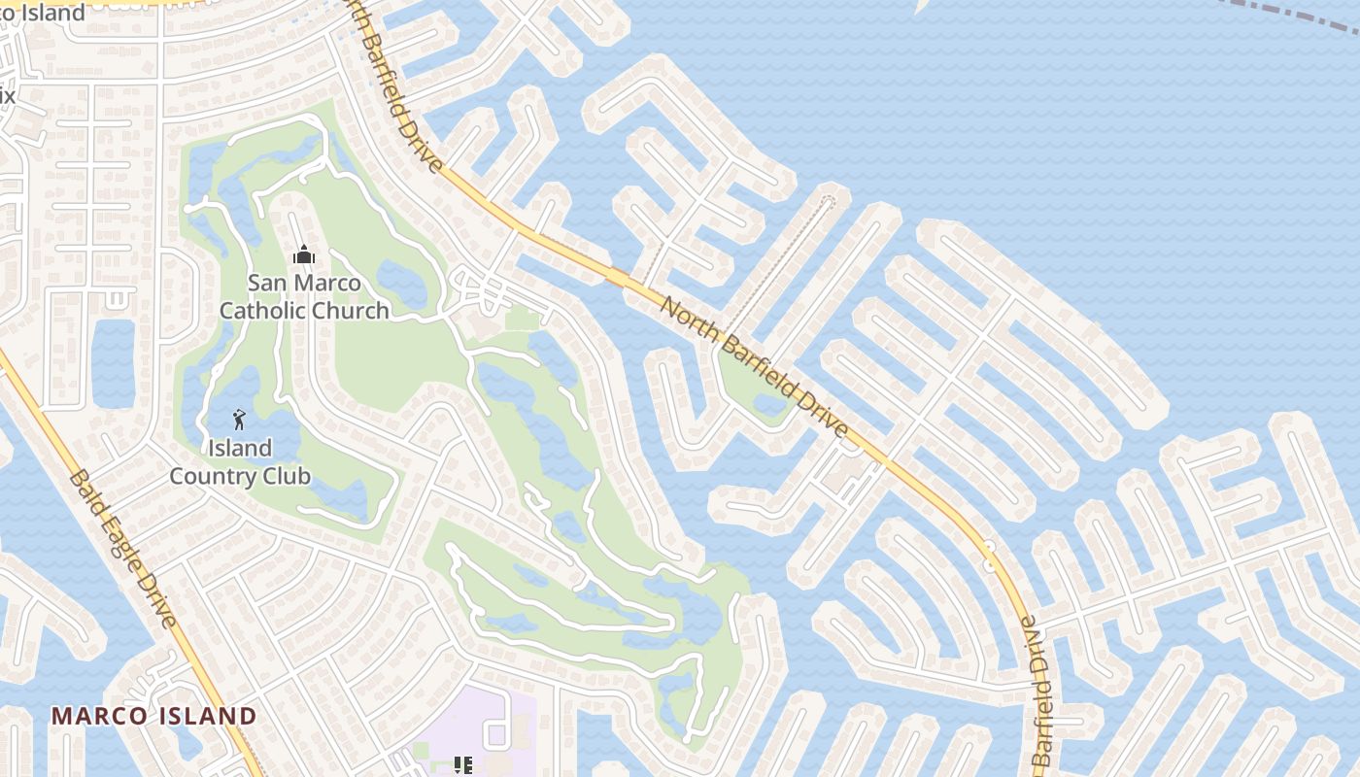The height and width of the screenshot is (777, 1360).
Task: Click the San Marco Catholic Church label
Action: coord(303,296)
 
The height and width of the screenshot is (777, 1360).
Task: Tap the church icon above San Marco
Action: coord(304,255)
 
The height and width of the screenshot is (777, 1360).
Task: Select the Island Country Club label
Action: coord(240,462)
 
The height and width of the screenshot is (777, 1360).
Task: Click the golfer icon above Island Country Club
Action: coord(239,421)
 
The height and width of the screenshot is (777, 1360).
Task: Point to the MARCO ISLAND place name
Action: coord(153,717)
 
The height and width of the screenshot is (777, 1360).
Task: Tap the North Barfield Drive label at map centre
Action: coord(754,367)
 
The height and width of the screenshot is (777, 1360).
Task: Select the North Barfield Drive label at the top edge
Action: coord(392,83)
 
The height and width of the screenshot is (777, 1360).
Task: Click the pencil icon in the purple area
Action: coord(463,765)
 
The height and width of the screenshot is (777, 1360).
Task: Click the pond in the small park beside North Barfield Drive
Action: coord(769,403)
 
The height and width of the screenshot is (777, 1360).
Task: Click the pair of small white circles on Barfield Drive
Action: coord(989,556)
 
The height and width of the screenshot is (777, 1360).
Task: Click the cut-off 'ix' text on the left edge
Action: coord(7,95)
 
